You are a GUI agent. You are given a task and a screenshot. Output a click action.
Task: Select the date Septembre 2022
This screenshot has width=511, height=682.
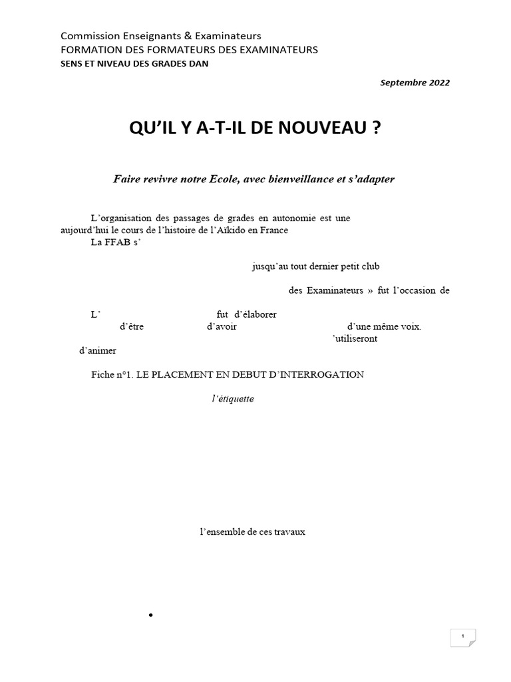point(415,83)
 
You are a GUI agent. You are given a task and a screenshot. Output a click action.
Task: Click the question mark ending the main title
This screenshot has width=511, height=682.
point(377,129)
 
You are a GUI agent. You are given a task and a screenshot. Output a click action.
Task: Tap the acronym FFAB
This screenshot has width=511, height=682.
point(115,242)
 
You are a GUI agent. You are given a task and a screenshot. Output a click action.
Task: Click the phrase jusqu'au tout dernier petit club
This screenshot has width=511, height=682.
point(315,266)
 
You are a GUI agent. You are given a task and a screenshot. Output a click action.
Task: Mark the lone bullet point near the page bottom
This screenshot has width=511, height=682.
point(152,615)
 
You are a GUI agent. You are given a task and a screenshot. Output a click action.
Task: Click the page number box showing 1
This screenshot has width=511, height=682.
point(462,637)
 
